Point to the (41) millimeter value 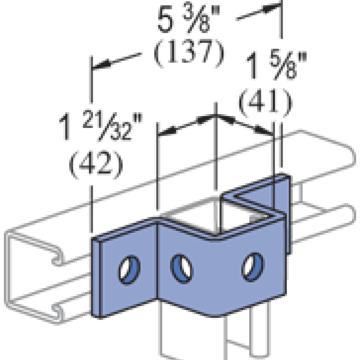click(x=265, y=100)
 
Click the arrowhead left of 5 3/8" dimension click(x=100, y=65)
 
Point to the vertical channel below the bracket click(x=191, y=337)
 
